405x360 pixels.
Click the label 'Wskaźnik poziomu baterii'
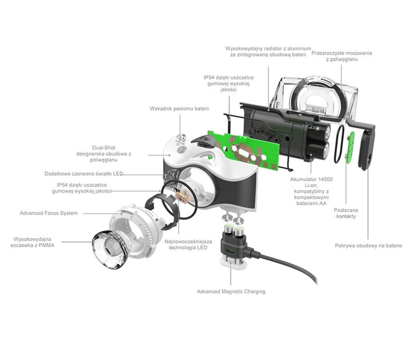click(x=179, y=108)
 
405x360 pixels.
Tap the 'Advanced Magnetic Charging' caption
click(x=231, y=292)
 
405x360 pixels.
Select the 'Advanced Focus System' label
click(x=49, y=213)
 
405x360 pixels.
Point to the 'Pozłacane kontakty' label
click(x=346, y=213)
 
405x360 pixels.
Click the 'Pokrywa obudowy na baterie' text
click(x=368, y=246)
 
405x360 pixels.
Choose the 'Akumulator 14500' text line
click(x=311, y=179)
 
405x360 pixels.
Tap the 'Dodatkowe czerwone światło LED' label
click(x=84, y=174)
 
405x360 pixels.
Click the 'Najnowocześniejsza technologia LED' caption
click(x=188, y=244)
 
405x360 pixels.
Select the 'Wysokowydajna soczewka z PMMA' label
click(x=32, y=242)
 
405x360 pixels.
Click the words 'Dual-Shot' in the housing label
click(x=104, y=148)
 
